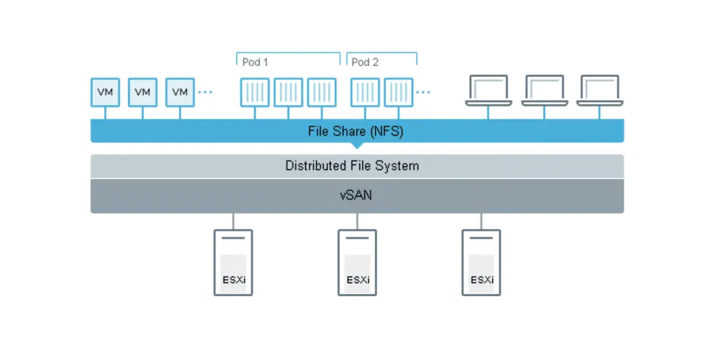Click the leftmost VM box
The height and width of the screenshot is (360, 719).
tap(105, 92)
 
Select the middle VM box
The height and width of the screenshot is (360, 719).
tap(143, 92)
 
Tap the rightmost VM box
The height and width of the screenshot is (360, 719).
tap(180, 92)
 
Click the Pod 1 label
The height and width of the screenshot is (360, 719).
tap(255, 62)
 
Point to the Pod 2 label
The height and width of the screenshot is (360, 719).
tap(366, 62)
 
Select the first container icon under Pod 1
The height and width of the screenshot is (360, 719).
tap(254, 92)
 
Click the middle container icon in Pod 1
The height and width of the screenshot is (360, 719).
tap(288, 92)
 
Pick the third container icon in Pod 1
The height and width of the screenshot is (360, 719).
tap(322, 92)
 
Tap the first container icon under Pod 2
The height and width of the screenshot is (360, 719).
tap(365, 92)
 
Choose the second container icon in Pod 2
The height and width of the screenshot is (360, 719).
tap(399, 92)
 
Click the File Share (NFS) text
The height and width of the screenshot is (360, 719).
tap(355, 131)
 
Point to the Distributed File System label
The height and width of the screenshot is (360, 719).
tap(352, 166)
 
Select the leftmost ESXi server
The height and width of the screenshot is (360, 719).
tap(233, 262)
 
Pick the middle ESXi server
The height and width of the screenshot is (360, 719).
tap(357, 262)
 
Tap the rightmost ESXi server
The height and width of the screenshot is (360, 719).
tap(481, 262)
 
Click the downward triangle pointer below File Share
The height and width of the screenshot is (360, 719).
tap(357, 145)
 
